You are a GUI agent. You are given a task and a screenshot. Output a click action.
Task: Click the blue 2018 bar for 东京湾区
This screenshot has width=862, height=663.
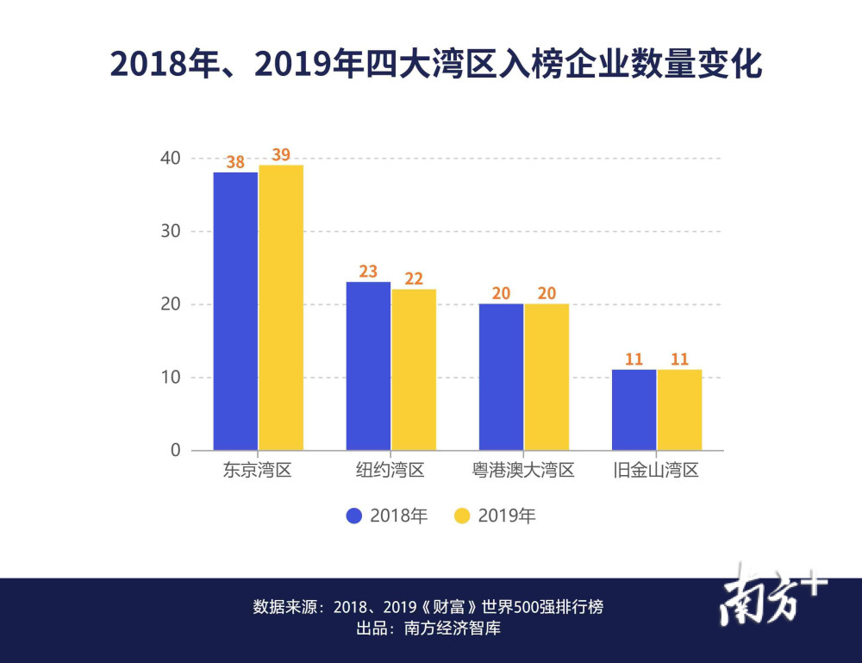pyautogui.click(x=235, y=311)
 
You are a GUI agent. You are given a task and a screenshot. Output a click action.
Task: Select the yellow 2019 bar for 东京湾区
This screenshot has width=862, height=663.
pyautogui.click(x=281, y=308)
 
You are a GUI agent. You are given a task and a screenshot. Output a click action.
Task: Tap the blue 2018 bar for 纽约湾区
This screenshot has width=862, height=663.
pyautogui.click(x=368, y=366)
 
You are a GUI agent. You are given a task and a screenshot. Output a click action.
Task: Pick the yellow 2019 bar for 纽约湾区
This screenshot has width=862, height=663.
pyautogui.click(x=414, y=369)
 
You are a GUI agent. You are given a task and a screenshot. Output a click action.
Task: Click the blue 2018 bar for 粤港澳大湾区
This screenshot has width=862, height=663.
pyautogui.click(x=502, y=377)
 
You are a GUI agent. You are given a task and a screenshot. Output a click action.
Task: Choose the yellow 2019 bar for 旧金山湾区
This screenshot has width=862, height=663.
pyautogui.click(x=679, y=410)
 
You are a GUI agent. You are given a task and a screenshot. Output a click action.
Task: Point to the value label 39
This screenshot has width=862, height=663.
pyautogui.click(x=281, y=155)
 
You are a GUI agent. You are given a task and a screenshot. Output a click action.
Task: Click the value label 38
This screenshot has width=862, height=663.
pyautogui.click(x=235, y=162)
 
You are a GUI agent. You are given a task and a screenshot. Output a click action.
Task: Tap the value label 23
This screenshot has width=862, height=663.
pyautogui.click(x=368, y=272)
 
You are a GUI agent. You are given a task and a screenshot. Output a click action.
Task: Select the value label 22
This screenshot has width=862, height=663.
pyautogui.click(x=414, y=278)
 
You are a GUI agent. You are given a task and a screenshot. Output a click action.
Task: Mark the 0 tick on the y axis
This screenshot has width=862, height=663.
pyautogui.click(x=175, y=450)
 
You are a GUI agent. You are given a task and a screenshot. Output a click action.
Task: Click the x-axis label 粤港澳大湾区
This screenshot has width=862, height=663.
pyautogui.click(x=524, y=471)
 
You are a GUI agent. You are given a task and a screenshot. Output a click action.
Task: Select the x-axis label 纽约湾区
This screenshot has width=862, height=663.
pyautogui.click(x=390, y=471)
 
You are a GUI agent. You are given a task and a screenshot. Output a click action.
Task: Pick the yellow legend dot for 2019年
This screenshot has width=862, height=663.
pyautogui.click(x=462, y=516)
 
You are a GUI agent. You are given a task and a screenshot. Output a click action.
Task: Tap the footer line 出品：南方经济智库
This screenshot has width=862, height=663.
pyautogui.click(x=428, y=629)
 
